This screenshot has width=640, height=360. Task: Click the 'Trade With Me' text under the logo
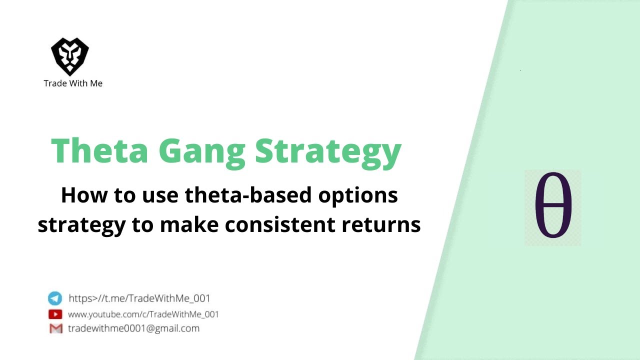click(x=73, y=83)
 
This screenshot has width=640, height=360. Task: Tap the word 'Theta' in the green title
click(x=100, y=151)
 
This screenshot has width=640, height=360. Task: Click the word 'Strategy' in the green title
click(x=328, y=151)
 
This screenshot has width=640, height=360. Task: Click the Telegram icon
click(x=55, y=298)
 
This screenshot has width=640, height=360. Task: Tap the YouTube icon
click(x=55, y=314)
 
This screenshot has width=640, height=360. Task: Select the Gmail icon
click(x=55, y=328)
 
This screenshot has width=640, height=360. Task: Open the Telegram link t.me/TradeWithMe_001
click(x=139, y=298)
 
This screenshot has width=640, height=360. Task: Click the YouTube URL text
click(x=143, y=314)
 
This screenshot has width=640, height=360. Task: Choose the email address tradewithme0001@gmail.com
click(x=133, y=328)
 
